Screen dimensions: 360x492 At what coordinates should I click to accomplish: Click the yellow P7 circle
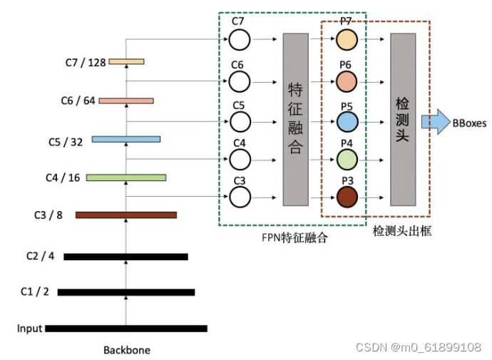[347, 40]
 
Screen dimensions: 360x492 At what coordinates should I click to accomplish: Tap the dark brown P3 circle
[347, 196]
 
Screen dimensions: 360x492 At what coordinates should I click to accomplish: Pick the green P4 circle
[347, 158]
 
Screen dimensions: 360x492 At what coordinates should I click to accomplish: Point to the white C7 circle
[239, 40]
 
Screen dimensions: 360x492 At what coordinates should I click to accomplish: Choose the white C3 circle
[239, 196]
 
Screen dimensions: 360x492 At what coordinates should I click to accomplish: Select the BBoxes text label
[469, 123]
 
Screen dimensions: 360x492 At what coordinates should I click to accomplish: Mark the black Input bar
[126, 329]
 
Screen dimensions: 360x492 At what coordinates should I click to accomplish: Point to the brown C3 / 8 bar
[126, 215]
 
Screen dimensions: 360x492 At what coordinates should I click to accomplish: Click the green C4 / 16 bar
[126, 178]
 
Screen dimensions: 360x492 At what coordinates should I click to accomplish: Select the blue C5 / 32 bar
[126, 139]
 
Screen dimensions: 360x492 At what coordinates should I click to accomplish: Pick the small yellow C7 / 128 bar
[126, 62]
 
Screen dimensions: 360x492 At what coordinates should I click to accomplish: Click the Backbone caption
[127, 350]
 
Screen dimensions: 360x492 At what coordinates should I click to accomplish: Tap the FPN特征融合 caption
[294, 238]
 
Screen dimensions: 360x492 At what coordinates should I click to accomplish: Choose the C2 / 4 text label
[40, 256]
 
